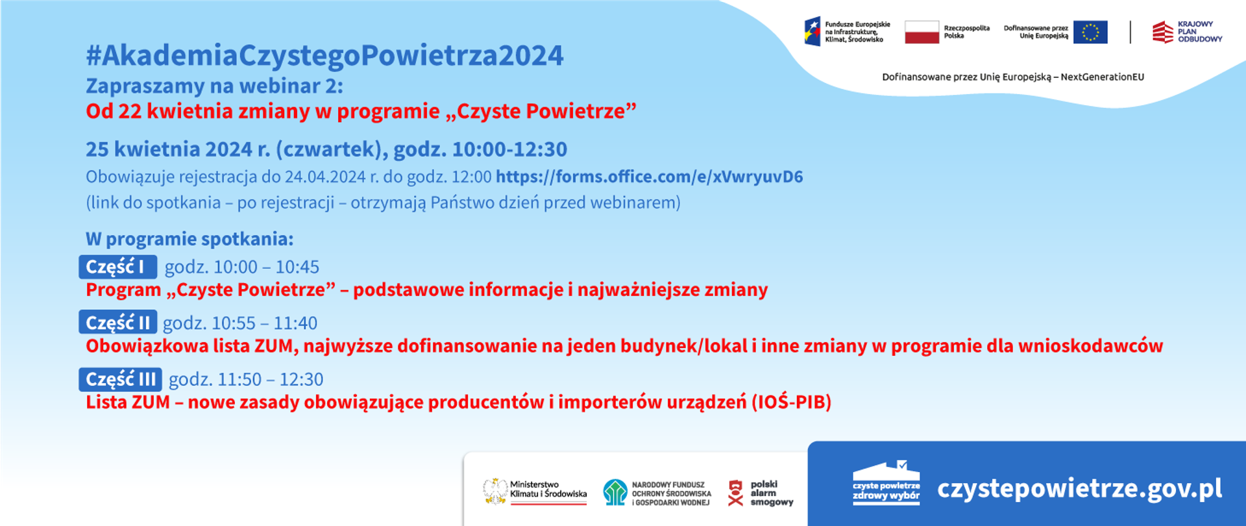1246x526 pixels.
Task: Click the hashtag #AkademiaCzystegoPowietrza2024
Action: click(324, 56)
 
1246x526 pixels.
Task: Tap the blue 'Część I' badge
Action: click(117, 267)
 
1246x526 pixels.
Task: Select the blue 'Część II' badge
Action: click(117, 323)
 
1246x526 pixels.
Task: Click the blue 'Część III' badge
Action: click(120, 379)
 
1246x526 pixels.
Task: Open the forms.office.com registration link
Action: click(649, 177)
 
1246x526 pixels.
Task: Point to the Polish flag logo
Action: click(922, 32)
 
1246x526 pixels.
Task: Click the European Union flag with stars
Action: click(1090, 32)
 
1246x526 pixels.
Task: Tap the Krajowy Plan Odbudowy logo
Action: click(1187, 32)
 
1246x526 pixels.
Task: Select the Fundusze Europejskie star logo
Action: click(812, 32)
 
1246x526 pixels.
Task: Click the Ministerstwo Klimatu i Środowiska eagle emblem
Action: click(495, 492)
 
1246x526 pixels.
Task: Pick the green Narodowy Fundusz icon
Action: click(615, 492)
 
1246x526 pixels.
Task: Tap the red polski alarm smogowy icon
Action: click(735, 493)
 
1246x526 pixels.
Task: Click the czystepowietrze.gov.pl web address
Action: click(1079, 488)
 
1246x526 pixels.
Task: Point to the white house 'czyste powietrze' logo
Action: click(886, 483)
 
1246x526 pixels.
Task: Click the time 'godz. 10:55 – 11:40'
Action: click(240, 323)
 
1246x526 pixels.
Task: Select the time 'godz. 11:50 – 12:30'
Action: click(246, 379)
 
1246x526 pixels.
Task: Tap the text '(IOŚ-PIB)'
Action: click(792, 402)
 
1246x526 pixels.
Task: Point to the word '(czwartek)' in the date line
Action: click(332, 149)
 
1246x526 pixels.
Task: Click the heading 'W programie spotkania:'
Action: click(189, 239)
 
